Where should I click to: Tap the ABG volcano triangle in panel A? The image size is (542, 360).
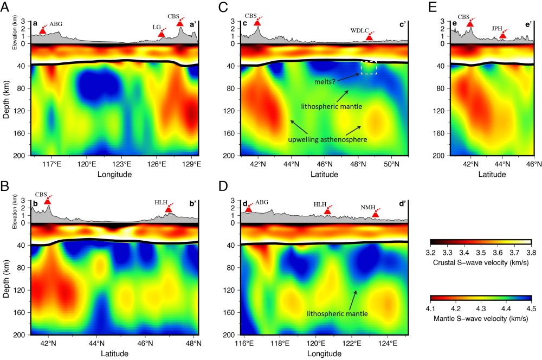click(43, 31)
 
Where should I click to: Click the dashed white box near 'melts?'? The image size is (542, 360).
click(369, 67)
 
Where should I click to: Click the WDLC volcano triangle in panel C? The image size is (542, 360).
click(370, 37)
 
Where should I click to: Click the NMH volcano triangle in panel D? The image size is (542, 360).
click(376, 215)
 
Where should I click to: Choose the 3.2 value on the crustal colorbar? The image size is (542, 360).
click(430, 252)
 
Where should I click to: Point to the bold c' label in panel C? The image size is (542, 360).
click(403, 24)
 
